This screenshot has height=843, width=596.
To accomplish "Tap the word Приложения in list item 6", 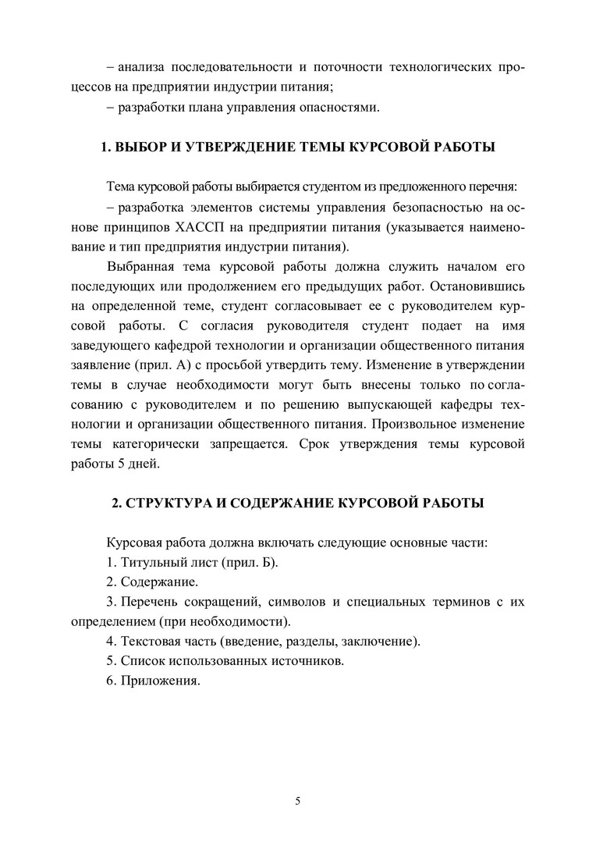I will pyautogui.click(x=159, y=681).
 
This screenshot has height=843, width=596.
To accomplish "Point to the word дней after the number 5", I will pyautogui.click(x=142, y=464).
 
